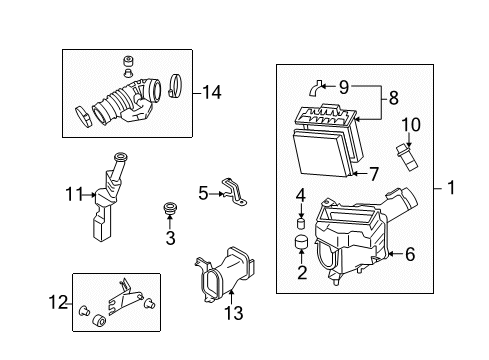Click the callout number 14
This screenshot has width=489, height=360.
[212, 92]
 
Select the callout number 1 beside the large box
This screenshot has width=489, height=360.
[451, 187]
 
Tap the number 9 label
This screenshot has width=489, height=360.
[344, 87]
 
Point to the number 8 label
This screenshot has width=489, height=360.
[394, 98]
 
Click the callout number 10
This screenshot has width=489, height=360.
[411, 125]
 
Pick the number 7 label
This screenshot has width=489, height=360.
[374, 174]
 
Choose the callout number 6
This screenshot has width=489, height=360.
[410, 254]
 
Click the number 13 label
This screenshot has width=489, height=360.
[234, 313]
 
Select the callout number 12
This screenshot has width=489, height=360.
[58, 302]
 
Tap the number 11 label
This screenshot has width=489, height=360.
[74, 194]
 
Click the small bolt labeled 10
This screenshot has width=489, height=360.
[407, 157]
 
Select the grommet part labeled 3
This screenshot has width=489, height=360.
[170, 208]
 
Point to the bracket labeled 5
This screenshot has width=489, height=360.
[234, 192]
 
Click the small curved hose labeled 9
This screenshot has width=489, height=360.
[314, 89]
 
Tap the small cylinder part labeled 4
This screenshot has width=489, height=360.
[301, 223]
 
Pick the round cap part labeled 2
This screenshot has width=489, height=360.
[301, 242]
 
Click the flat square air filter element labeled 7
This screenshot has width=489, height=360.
[321, 153]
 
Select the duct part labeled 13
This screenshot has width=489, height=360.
[226, 275]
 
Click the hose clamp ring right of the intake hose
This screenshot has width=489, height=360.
[176, 86]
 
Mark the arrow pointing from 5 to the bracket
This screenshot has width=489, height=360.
[216, 194]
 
